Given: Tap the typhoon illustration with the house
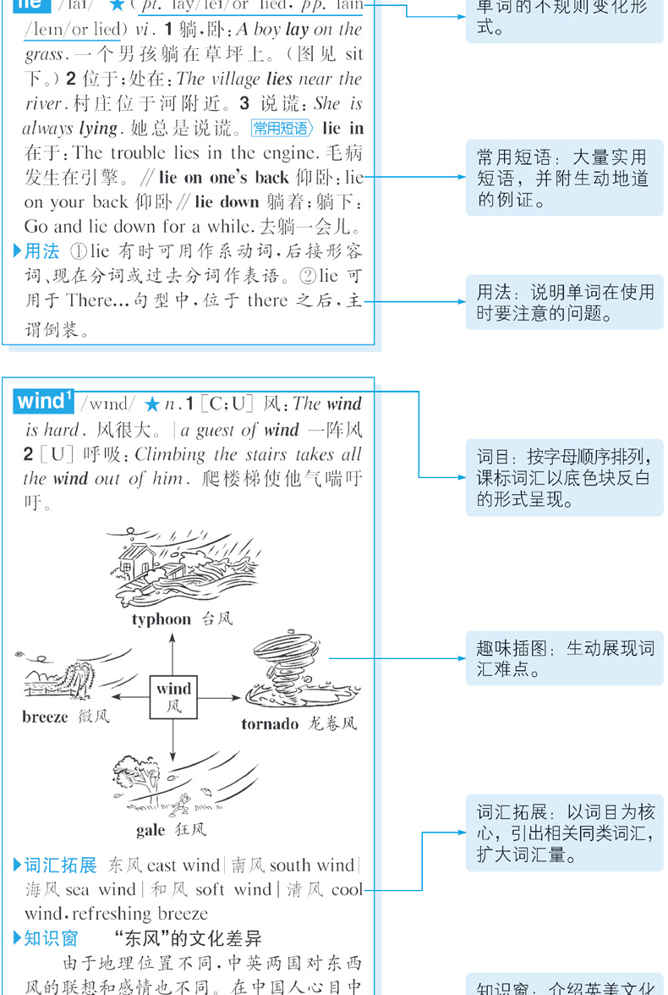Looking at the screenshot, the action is [x=173, y=567].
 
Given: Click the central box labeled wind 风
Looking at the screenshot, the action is [x=173, y=696].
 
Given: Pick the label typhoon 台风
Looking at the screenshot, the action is [x=181, y=619].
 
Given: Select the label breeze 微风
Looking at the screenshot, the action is [x=65, y=717].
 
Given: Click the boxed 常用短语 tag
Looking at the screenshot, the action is [x=283, y=129].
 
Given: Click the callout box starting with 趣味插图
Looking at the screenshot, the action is [x=565, y=659].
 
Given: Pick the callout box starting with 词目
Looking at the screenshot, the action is [x=565, y=478].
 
